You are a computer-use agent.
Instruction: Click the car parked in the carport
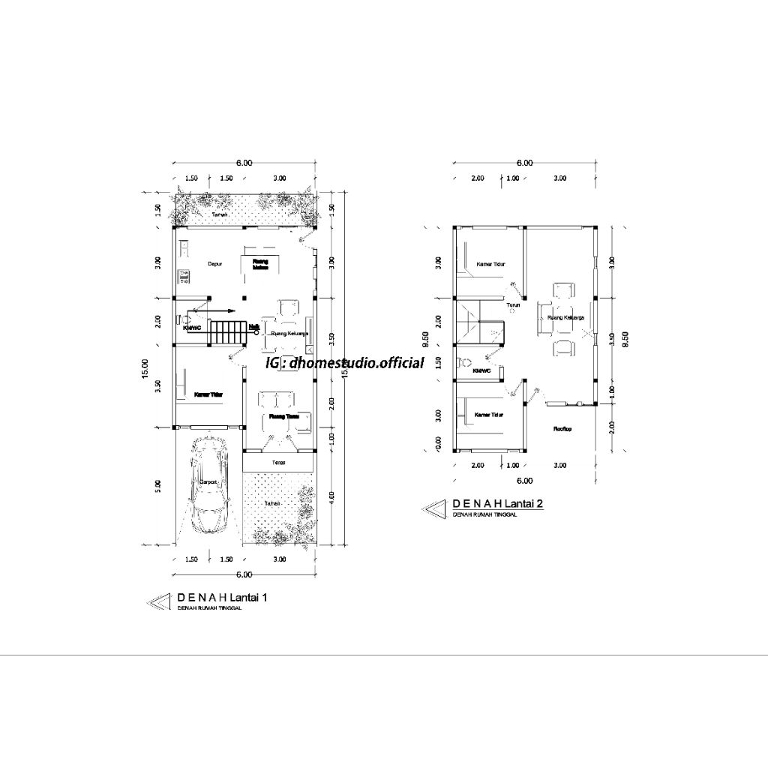(209, 485)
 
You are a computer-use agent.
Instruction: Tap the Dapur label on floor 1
(205, 264)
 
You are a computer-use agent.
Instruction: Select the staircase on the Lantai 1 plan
(226, 333)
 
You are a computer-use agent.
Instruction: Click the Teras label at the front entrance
(278, 462)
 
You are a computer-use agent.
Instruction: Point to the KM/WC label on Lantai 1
(192, 328)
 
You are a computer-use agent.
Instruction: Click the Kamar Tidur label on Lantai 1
(209, 394)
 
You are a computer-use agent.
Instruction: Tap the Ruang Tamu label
(278, 416)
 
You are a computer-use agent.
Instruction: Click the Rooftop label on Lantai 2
(563, 429)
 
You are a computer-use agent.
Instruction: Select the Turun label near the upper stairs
(513, 305)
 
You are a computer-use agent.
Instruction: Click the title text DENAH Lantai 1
(222, 598)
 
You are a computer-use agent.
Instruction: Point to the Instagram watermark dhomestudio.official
(345, 363)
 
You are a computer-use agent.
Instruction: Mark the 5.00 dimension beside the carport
(157, 486)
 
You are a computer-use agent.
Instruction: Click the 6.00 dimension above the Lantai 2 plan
(524, 163)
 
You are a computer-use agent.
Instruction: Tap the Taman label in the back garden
(220, 215)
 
